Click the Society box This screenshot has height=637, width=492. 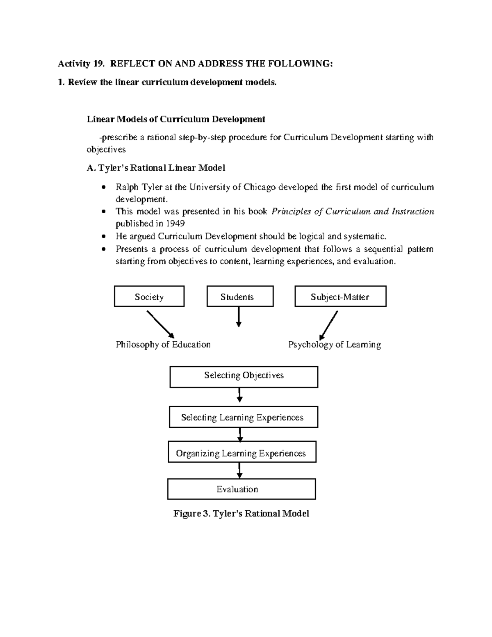pyautogui.click(x=149, y=297)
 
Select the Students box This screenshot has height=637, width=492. pyautogui.click(x=240, y=297)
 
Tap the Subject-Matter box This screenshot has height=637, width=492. pyautogui.click(x=340, y=297)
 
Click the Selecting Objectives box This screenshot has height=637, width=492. pyautogui.click(x=244, y=377)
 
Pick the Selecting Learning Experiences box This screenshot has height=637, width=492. pyautogui.click(x=243, y=418)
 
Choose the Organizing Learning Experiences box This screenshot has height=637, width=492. pyautogui.click(x=242, y=453)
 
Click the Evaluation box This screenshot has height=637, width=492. pyautogui.click(x=241, y=489)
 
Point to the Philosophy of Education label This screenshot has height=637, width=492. pyautogui.click(x=163, y=345)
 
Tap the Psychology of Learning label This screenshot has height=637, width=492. pyautogui.click(x=335, y=345)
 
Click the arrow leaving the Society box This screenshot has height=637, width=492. pyautogui.click(x=160, y=324)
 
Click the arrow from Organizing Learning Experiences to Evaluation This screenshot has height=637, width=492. pyautogui.click(x=240, y=470)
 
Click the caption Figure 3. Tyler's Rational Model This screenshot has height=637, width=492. pyautogui.click(x=241, y=514)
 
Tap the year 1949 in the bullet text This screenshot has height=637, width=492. pyautogui.click(x=175, y=224)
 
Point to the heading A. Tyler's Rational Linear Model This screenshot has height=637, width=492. pyautogui.click(x=156, y=168)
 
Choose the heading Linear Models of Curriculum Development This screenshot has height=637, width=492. pyautogui.click(x=176, y=119)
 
